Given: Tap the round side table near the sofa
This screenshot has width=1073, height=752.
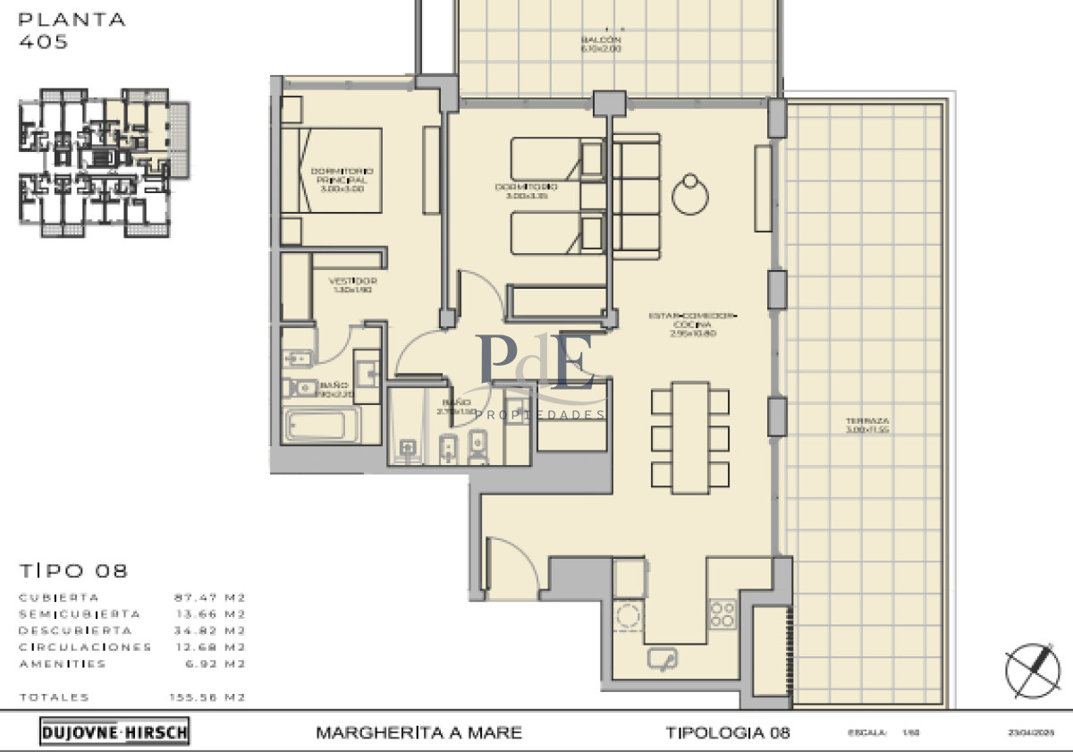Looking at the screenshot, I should pyautogui.click(x=690, y=194).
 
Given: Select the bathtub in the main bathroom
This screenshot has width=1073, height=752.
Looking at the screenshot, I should pyautogui.click(x=319, y=426).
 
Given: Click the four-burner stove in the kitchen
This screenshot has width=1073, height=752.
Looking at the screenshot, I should pyautogui.click(x=722, y=613).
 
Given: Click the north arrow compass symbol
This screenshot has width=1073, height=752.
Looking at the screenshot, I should pyautogui.click(x=1032, y=670).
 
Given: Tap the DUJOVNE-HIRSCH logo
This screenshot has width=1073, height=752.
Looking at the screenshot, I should pyautogui.click(x=114, y=732).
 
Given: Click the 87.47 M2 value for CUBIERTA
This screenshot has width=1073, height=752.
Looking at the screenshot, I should pyautogui.click(x=209, y=597).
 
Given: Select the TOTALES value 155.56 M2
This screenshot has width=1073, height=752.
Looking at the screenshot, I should pyautogui.click(x=208, y=697).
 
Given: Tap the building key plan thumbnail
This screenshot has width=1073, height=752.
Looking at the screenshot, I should pyautogui.click(x=104, y=162).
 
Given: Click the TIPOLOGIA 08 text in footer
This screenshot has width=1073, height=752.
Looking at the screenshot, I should pyautogui.click(x=728, y=733).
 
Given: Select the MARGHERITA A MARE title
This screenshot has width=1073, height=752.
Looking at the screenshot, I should pyautogui.click(x=418, y=733).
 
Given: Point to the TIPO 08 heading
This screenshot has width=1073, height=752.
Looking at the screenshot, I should pyautogui.click(x=73, y=570).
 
